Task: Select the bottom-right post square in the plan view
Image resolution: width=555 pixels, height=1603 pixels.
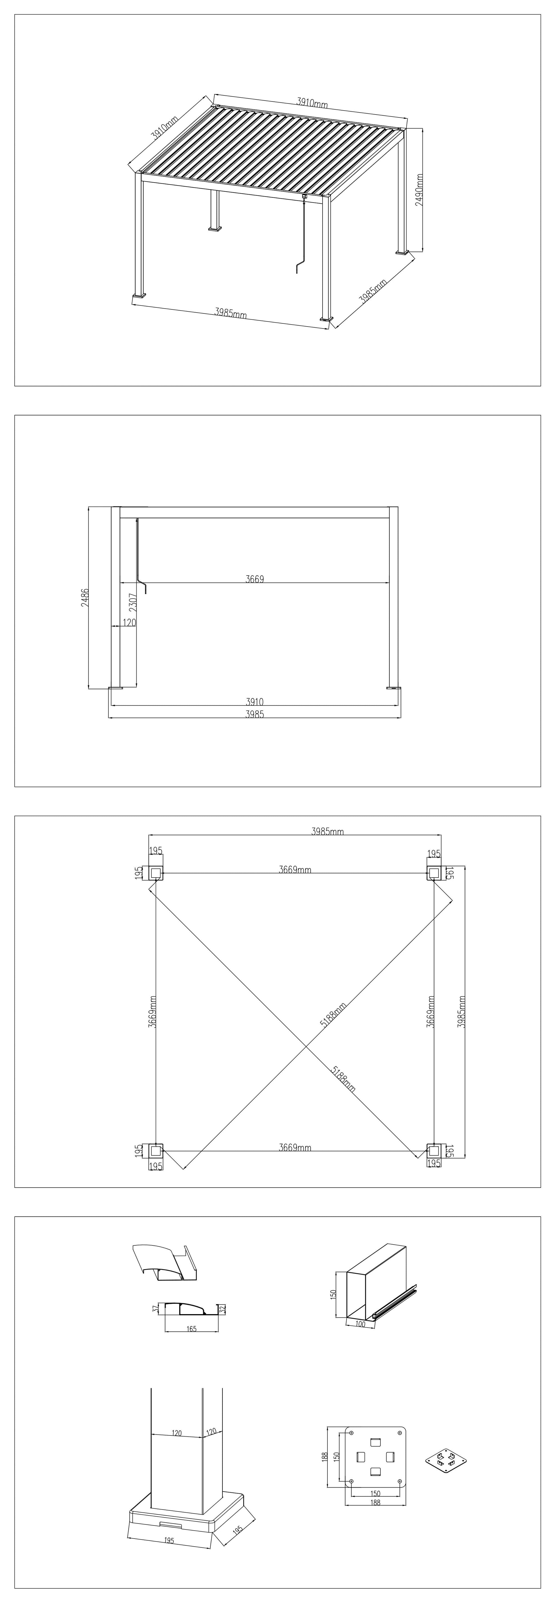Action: click(x=434, y=1151)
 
